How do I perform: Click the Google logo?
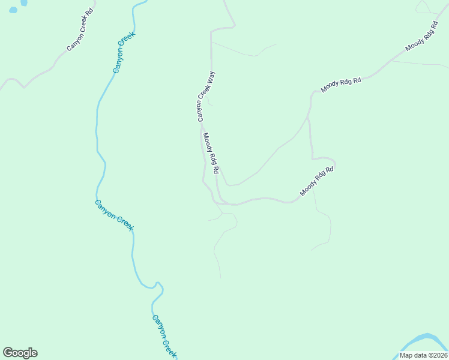[x=20, y=353]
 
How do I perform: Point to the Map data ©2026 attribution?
[x=423, y=355]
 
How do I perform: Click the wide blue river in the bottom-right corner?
[x=423, y=343]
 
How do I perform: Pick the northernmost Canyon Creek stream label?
[x=124, y=52]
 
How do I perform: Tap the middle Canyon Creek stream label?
[x=114, y=215]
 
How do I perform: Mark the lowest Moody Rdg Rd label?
[x=316, y=181]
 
